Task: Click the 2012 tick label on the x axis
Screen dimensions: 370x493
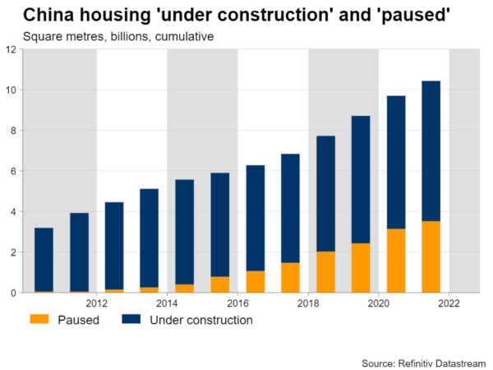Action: (x=97, y=302)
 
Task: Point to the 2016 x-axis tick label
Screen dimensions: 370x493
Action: (x=237, y=302)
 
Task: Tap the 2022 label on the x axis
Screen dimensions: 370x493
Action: (x=449, y=302)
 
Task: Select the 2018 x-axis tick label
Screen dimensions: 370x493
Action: (x=308, y=302)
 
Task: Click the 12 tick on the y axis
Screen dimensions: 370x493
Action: (x=12, y=49)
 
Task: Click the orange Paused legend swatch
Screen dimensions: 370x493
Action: (x=39, y=319)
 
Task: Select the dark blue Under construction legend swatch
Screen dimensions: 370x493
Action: (x=132, y=319)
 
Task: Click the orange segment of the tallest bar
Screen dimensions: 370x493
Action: (x=431, y=257)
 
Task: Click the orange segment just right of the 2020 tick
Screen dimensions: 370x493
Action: (x=396, y=261)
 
